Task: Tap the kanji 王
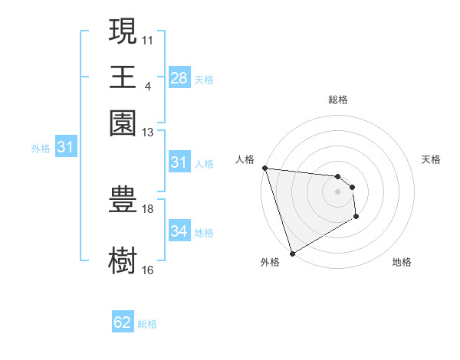coord(123,77)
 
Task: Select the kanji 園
coord(123,123)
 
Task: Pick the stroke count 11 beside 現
coord(148,38)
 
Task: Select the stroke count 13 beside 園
coord(148,133)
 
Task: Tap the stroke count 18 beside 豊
coord(148,208)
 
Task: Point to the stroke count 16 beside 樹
coord(148,270)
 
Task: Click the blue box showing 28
coord(179,78)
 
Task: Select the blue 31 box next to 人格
coord(179,162)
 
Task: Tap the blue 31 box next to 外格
coord(65,147)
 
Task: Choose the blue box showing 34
coord(179,231)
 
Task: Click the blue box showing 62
coord(123,322)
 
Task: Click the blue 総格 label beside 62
coord(147,324)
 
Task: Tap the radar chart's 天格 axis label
coord(432,159)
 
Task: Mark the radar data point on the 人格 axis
coord(264,168)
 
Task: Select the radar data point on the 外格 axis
coord(292,254)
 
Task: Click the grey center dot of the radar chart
coord(337,191)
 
